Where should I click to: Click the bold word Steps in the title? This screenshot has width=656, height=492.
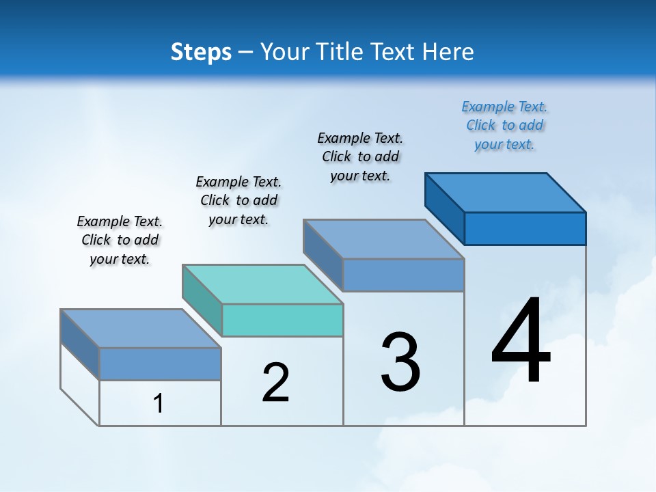click(x=200, y=52)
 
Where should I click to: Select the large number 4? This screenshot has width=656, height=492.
click(x=521, y=342)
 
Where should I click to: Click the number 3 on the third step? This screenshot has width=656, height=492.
click(x=400, y=362)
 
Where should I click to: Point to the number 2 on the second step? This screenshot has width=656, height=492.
click(x=275, y=383)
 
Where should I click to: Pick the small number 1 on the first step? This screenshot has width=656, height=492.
click(x=159, y=403)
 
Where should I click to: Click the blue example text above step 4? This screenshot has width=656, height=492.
click(x=504, y=125)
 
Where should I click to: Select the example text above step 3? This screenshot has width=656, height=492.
click(x=360, y=156)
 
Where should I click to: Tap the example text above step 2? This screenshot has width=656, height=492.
click(x=238, y=200)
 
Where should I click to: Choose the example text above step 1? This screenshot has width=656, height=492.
click(x=120, y=240)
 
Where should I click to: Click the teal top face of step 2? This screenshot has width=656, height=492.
click(x=262, y=284)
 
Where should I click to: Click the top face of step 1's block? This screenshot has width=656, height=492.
click(x=141, y=329)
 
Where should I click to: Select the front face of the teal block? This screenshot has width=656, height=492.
click(x=282, y=320)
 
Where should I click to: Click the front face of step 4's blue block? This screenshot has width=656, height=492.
click(x=525, y=228)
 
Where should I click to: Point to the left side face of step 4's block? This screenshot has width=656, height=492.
click(x=444, y=208)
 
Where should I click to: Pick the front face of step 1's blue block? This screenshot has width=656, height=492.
click(x=160, y=364)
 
